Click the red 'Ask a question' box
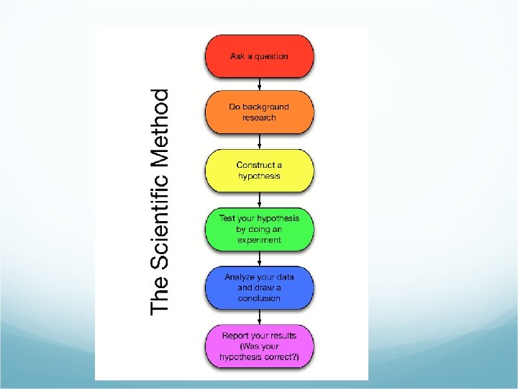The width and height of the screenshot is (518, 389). click(259, 56)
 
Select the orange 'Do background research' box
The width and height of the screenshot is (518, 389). click(259, 112)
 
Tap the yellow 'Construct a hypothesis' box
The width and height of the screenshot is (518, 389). click(259, 170)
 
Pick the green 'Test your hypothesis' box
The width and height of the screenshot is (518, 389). click(259, 228)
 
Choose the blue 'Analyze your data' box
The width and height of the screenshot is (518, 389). click(259, 287)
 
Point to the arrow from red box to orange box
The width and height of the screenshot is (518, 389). click(259, 84)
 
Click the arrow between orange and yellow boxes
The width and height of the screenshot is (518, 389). click(259, 141)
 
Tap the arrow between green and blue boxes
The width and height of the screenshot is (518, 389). click(259, 258)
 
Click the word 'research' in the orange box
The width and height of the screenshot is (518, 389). click(259, 117)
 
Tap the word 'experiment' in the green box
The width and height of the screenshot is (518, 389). click(259, 240)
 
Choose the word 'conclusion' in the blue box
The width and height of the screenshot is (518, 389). click(259, 298)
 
